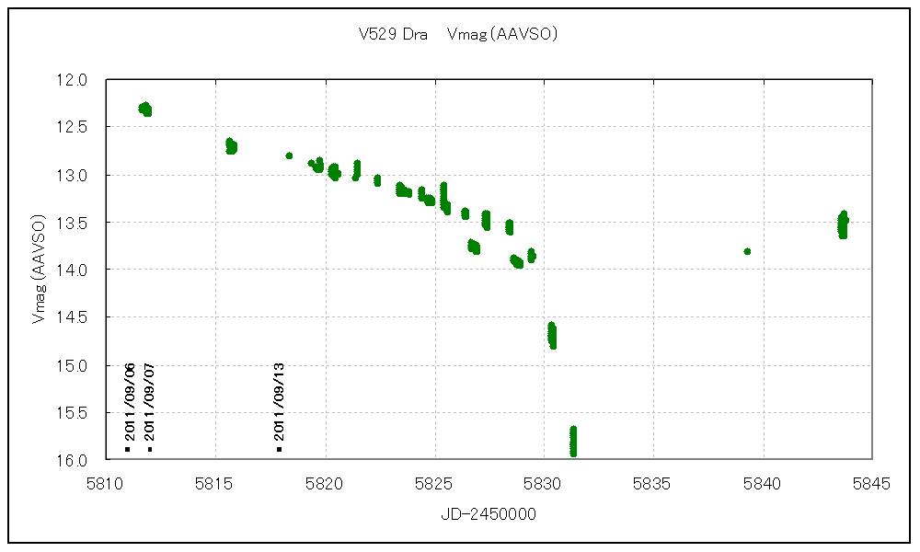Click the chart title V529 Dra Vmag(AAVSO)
point(458,35)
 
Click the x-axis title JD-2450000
point(488,515)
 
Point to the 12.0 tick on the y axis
point(73,80)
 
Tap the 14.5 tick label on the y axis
point(73,317)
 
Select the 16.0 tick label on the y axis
point(73,460)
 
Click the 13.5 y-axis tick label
point(73,223)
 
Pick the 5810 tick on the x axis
point(105,482)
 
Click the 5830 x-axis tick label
point(544,482)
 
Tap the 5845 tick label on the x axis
point(872,482)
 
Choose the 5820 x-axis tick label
point(325,482)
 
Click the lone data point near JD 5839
point(747,251)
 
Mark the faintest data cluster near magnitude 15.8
point(573,441)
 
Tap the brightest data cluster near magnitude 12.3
point(145,109)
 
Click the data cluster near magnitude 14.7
point(552,336)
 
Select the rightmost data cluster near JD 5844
point(842,224)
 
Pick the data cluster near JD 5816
point(231,146)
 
